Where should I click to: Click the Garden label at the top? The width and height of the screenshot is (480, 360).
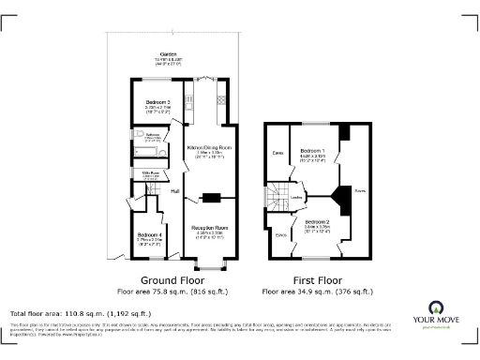click(169, 53)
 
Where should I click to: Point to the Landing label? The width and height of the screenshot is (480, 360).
click(299, 197)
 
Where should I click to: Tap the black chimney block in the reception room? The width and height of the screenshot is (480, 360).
click(211, 197)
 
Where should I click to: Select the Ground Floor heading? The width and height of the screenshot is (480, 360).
click(174, 279)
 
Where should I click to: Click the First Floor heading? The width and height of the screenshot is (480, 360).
click(316, 279)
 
